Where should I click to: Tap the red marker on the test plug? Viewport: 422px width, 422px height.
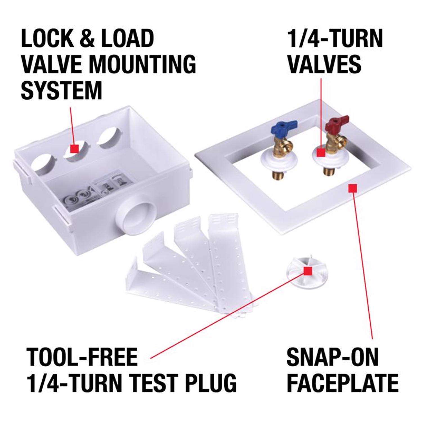pos(308,271)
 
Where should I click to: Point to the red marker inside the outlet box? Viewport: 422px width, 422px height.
pos(74,148)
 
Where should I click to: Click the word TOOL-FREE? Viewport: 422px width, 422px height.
pos(82,357)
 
